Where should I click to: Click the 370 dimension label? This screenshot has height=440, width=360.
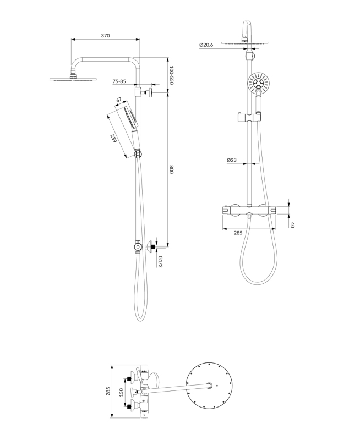tap(105, 36)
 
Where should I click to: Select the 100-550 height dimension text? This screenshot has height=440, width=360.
tap(172, 75)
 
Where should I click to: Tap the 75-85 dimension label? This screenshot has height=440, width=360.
tap(119, 81)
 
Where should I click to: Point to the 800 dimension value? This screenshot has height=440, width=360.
tap(172, 170)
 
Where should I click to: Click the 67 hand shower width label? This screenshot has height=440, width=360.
tap(119, 100)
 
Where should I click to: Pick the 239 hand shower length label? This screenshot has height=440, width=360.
tap(113, 139)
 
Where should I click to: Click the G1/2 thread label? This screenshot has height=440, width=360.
tap(160, 261)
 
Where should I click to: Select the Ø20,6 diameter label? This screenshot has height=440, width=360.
tap(206, 45)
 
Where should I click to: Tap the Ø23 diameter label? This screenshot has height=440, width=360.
tap(232, 160)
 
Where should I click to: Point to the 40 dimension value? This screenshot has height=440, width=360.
tap(292, 225)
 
